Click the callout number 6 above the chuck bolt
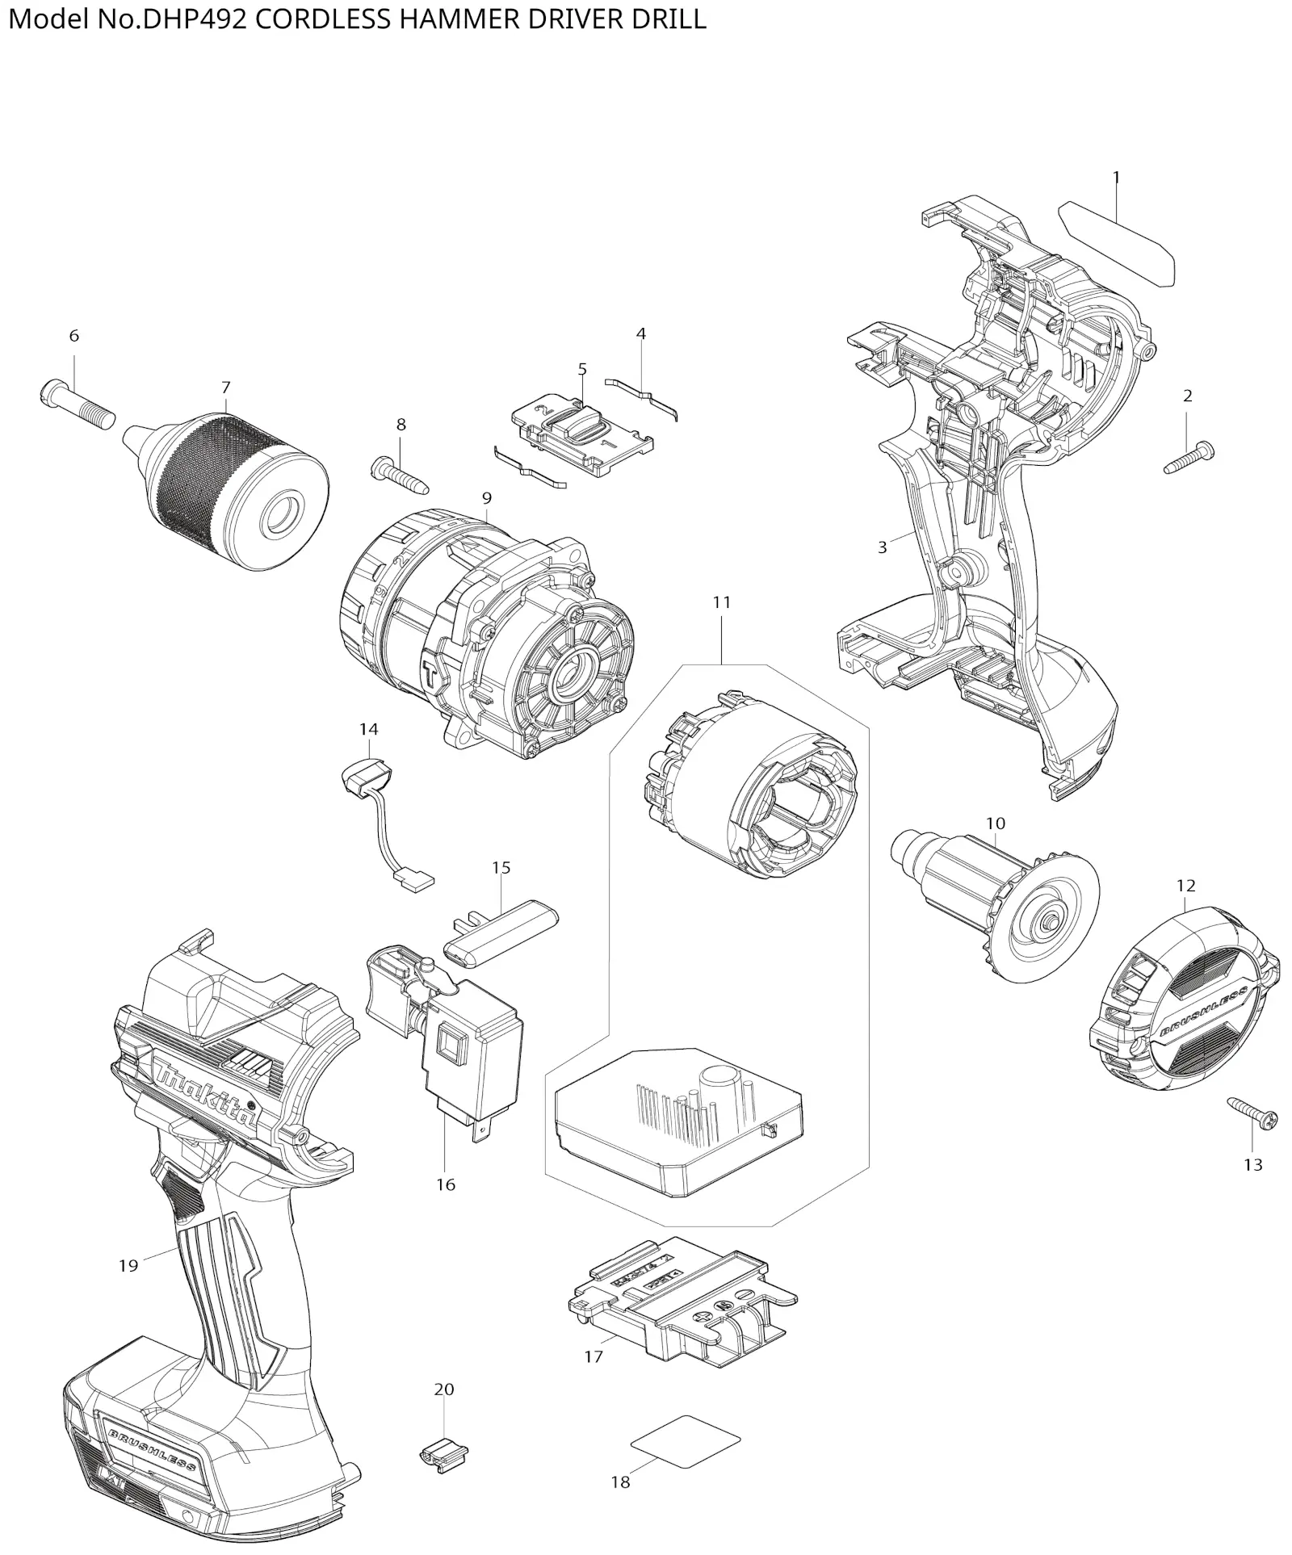click(74, 336)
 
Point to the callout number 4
click(641, 333)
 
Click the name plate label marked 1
click(1116, 243)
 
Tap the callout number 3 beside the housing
click(883, 547)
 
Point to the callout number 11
click(721, 602)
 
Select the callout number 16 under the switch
click(446, 1184)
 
